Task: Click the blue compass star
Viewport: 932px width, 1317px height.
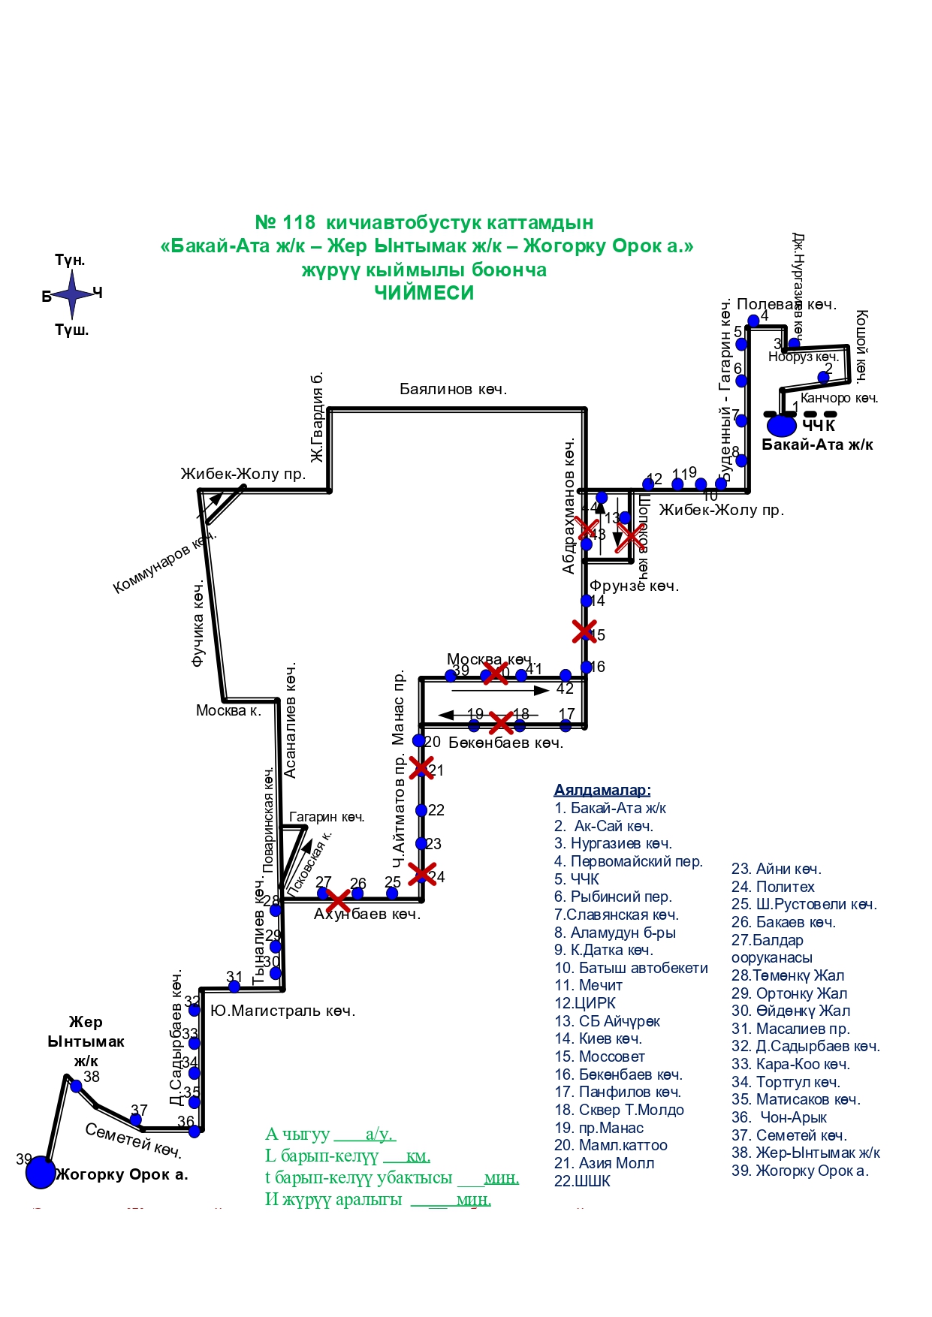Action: pos(72,294)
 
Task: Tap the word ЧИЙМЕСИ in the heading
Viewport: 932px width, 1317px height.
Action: pos(424,293)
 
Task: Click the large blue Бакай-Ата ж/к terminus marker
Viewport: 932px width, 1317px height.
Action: pos(781,425)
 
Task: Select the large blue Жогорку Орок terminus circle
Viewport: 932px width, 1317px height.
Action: pos(41,1173)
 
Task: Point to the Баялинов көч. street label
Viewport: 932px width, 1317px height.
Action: pos(453,390)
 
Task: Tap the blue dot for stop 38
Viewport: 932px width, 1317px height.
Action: pos(76,1086)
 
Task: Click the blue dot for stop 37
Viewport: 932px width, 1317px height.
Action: pos(136,1120)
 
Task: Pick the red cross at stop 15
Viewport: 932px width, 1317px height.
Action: pos(584,631)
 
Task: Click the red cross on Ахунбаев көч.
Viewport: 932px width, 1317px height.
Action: pos(339,900)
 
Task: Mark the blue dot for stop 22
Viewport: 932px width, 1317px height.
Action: pos(421,810)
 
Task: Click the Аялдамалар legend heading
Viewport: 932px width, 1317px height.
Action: pos(602,790)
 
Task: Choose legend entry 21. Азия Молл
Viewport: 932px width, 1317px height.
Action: pos(604,1163)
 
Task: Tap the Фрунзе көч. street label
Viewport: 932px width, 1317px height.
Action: pos(634,586)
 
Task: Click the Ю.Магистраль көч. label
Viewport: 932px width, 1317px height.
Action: pos(282,1011)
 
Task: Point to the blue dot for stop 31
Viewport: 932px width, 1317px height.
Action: pos(234,987)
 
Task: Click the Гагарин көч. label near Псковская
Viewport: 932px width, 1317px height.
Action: pos(327,817)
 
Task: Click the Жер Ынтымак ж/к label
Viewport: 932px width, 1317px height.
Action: pos(86,1041)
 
